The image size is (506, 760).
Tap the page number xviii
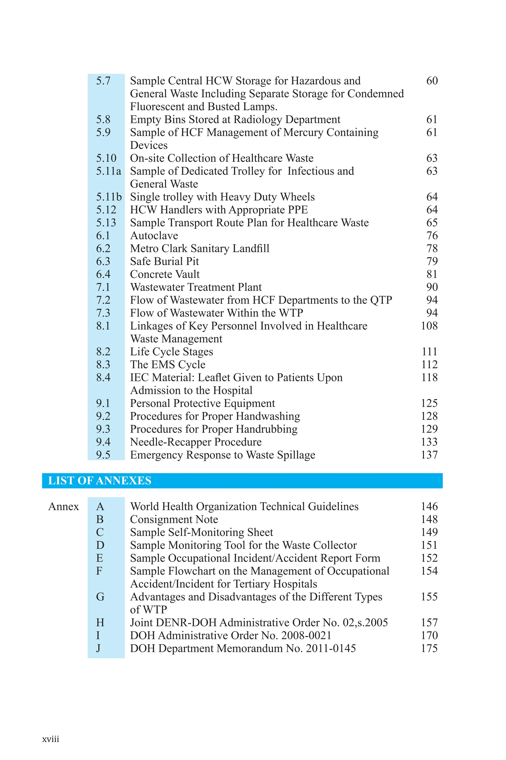[x=51, y=739]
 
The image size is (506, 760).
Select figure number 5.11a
[x=108, y=171]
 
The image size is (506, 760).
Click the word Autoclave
[x=154, y=236]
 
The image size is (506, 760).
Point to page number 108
[x=429, y=326]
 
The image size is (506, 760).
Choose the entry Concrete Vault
[x=165, y=274]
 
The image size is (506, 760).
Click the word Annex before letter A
[x=63, y=506]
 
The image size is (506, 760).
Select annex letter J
[x=98, y=648]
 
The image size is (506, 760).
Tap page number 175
[x=429, y=648]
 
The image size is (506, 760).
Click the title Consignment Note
[x=174, y=519]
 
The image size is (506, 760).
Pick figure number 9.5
[x=103, y=455]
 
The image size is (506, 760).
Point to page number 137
[x=429, y=455]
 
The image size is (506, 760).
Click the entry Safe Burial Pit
[x=164, y=261]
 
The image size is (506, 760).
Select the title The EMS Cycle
[x=168, y=364]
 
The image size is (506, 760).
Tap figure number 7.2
[x=103, y=300]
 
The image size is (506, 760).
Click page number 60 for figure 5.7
[x=432, y=81]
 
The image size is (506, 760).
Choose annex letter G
[x=100, y=596]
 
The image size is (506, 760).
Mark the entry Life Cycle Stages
[x=171, y=352]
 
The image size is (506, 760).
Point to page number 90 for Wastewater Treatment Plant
[x=432, y=287]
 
